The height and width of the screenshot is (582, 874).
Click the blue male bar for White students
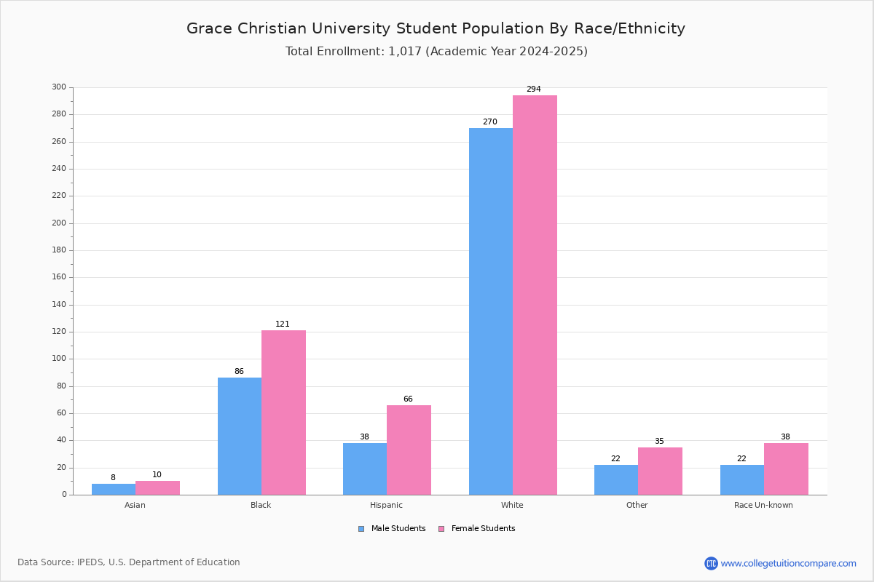tap(491, 311)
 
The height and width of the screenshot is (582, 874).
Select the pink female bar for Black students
tap(283, 412)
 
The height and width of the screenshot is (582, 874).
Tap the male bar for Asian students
tap(114, 489)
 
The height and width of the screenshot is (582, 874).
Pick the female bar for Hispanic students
tap(409, 450)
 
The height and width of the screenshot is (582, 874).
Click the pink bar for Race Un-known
tap(786, 469)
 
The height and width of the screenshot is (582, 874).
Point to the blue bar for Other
tap(616, 480)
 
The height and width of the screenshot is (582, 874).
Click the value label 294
tap(534, 89)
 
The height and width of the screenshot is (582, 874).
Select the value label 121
tap(283, 324)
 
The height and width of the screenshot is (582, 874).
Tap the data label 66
tap(408, 399)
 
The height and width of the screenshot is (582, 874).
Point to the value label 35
tap(659, 441)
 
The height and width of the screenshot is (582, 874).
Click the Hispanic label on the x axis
tap(386, 505)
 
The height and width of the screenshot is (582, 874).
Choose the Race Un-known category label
tap(763, 505)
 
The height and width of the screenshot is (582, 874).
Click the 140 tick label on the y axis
tap(59, 304)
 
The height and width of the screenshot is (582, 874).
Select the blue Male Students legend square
tap(361, 529)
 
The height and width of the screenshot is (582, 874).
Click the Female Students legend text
tap(483, 528)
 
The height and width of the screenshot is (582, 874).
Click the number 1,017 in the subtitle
tap(405, 52)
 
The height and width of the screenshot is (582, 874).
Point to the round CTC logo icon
tap(711, 563)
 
